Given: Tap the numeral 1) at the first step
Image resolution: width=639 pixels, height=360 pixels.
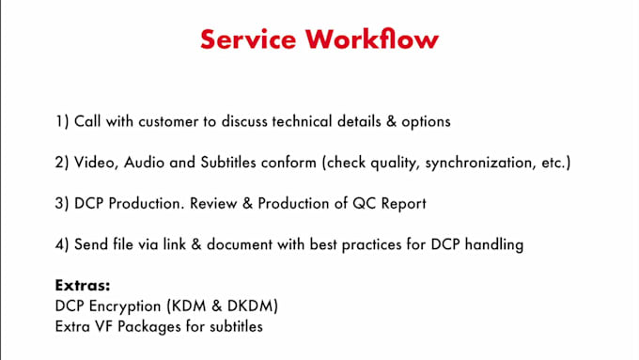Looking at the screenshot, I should tap(62, 122).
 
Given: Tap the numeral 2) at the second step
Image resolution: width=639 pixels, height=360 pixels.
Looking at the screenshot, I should tap(62, 164).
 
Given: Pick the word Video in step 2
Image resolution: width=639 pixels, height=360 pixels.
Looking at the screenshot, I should tap(94, 164).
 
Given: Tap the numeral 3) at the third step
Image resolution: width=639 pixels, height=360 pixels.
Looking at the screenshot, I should tap(62, 204).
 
